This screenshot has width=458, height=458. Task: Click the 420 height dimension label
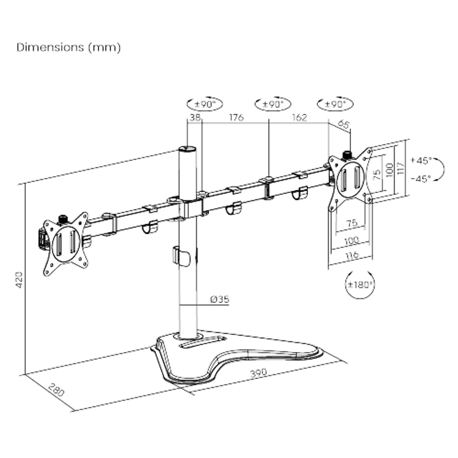(18, 279)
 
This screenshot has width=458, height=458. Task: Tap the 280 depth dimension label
(56, 391)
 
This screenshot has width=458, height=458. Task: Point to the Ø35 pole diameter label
(219, 299)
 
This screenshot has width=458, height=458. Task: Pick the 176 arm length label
(236, 117)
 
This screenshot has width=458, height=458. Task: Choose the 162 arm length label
(299, 117)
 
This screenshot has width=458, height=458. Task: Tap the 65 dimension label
(343, 123)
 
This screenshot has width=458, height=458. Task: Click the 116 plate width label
(350, 256)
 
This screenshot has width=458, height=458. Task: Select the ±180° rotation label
(360, 284)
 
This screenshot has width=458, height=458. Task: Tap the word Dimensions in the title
(50, 48)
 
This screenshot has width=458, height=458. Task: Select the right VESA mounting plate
(350, 178)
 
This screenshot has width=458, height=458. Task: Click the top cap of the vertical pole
(187, 149)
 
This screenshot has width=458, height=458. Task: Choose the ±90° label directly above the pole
(204, 104)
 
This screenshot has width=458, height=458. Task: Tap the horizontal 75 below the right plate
(351, 223)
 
